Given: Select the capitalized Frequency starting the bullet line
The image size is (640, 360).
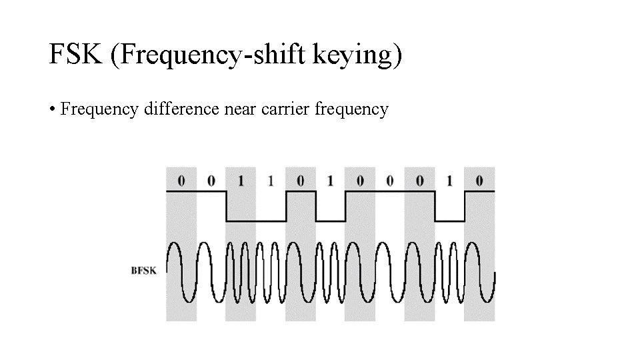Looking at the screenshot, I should (99, 109).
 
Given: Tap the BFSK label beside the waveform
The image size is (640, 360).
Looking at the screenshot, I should (144, 271).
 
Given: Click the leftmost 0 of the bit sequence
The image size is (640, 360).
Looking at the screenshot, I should (181, 181).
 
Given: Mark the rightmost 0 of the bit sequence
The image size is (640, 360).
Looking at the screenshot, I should (480, 181).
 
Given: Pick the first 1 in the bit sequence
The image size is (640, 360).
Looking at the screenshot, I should (241, 181).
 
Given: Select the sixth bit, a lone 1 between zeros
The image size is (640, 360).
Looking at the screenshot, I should (331, 181).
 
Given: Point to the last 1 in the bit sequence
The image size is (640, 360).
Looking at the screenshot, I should (450, 181).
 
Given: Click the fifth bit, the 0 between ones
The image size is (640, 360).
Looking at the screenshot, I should (301, 181).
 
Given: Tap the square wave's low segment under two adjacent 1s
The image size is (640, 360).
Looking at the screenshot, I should (256, 221).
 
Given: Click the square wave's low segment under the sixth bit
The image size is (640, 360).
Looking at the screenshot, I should (331, 221).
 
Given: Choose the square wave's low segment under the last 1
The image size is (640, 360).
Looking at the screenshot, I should (450, 221).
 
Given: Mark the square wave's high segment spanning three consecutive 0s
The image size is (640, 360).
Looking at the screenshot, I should (390, 191).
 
